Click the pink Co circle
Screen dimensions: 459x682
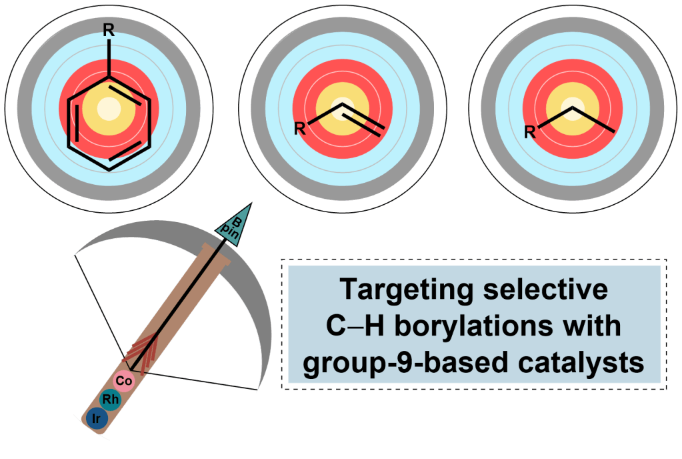pyautogui.click(x=123, y=380)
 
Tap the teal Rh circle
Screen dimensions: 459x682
pyautogui.click(x=110, y=399)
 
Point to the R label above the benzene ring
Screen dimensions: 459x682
pyautogui.click(x=109, y=30)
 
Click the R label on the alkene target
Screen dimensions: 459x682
pyautogui.click(x=300, y=128)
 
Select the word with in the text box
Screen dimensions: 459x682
pyautogui.click(x=591, y=327)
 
